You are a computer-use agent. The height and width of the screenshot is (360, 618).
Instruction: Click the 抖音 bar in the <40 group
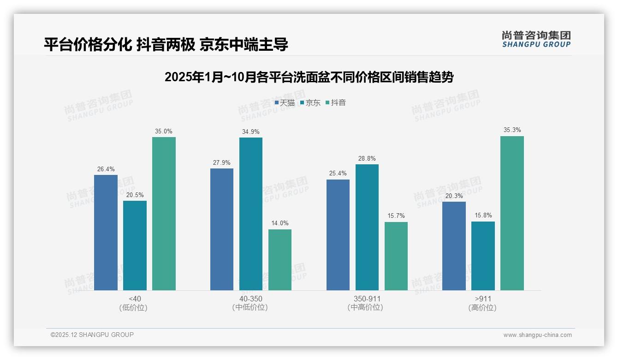164,214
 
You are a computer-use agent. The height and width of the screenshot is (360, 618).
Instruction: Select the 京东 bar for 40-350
250,214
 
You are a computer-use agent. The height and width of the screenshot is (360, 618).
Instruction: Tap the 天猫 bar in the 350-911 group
338,235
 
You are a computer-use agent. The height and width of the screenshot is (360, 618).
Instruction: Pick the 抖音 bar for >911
512,213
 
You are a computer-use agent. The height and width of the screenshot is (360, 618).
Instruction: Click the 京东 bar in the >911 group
483,256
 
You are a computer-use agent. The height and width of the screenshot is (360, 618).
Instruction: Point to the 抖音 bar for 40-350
280,260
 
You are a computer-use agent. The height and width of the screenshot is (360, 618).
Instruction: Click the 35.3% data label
512,130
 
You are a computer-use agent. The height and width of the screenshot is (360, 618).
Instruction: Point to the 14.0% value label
280,223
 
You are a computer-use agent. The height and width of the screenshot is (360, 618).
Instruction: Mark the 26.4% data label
106,169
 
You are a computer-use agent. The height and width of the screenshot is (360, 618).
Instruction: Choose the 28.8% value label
367,159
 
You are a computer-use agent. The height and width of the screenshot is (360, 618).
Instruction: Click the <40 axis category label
135,299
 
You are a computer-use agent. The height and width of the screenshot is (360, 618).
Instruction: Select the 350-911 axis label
367,299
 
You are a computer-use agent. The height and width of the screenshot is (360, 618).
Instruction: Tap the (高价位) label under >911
482,307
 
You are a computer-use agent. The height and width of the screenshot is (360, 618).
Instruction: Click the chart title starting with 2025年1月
309,77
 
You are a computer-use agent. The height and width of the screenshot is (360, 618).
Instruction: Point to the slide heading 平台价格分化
166,44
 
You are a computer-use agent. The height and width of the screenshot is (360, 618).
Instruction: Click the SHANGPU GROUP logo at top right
536,39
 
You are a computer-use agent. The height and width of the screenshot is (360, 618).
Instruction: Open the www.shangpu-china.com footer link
537,335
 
